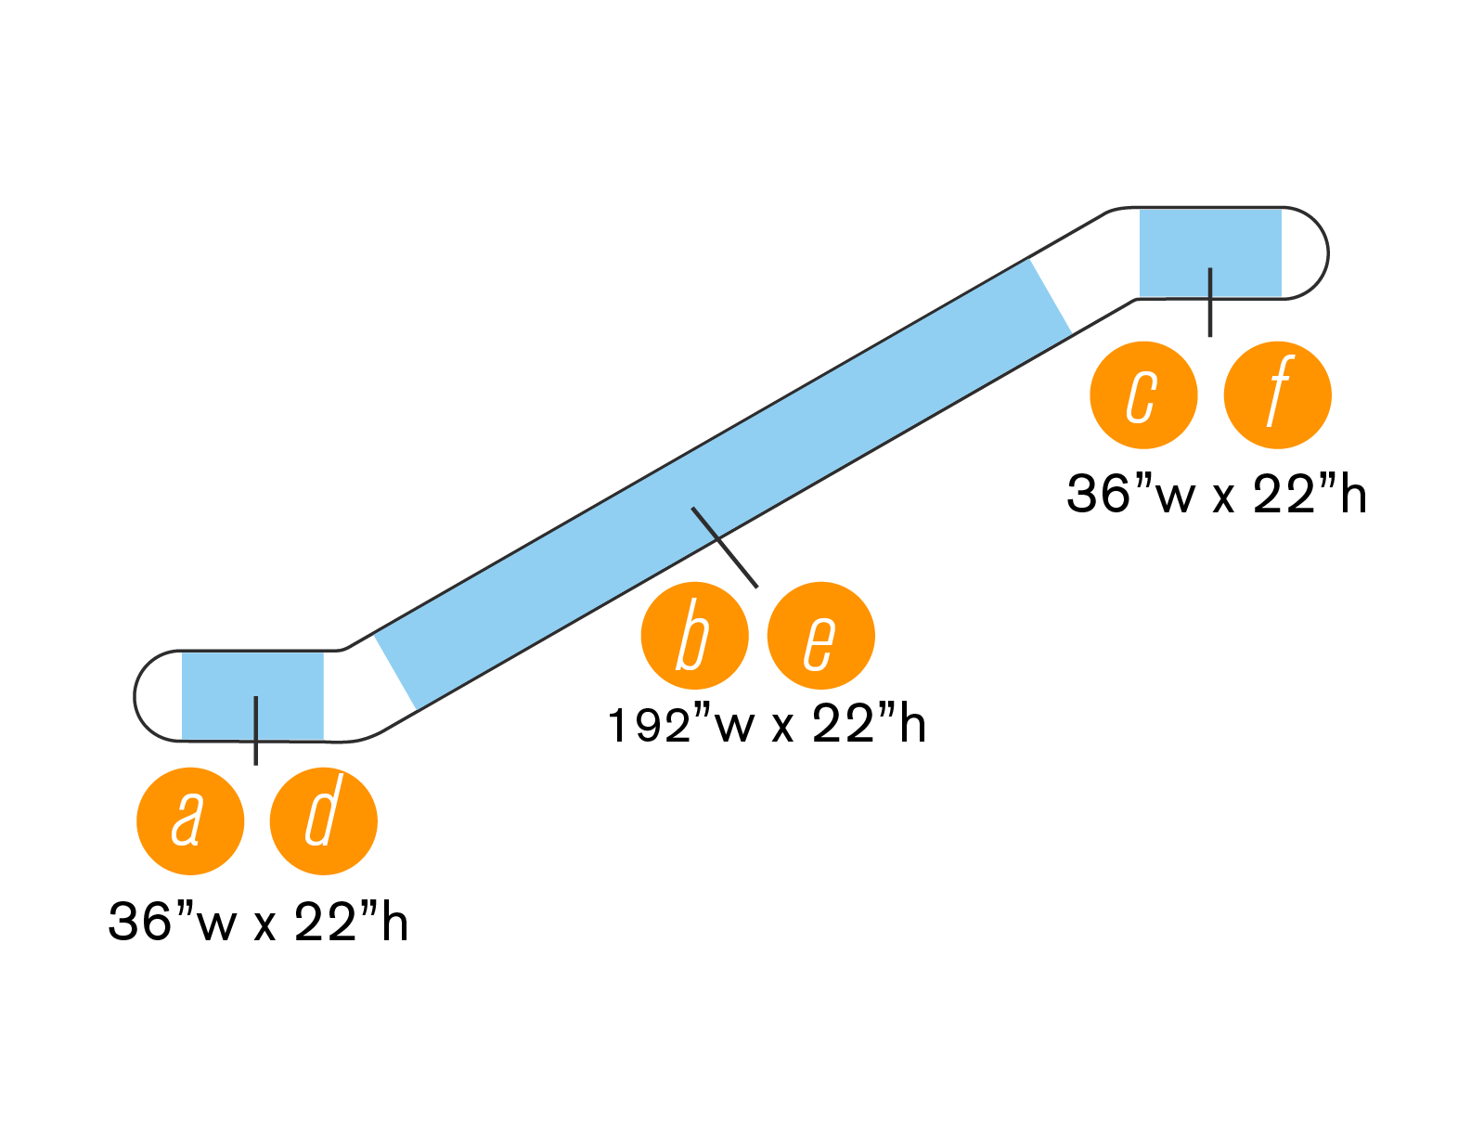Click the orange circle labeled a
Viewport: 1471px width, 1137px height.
190,820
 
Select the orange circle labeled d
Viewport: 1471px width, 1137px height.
323,820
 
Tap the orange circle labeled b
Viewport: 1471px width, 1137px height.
694,636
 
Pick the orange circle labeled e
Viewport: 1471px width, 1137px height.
820,636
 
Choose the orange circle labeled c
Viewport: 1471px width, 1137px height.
1143,394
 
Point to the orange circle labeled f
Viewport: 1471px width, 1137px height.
1277,394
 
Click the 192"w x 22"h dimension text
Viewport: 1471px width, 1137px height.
767,725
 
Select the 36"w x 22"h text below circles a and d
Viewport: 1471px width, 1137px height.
258,923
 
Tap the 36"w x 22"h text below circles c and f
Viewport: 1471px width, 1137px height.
1216,495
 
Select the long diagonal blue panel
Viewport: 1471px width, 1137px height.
724,483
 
